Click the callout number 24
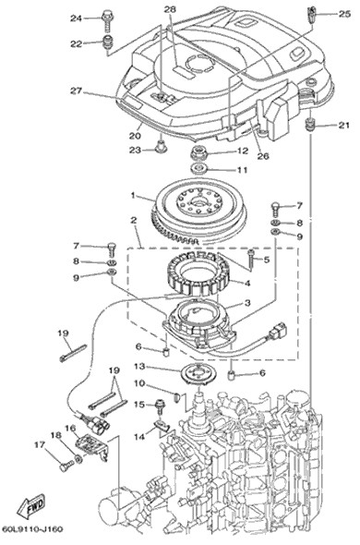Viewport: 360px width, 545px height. [x=76, y=18]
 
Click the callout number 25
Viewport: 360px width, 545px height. [x=344, y=14]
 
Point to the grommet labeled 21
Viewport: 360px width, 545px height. [x=310, y=125]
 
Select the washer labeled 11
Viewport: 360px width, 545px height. [x=199, y=168]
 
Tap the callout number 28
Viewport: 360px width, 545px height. [x=170, y=10]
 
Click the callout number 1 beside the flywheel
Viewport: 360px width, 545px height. [x=132, y=196]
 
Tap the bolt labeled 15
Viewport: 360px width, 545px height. [x=160, y=406]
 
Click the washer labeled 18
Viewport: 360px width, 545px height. [x=78, y=459]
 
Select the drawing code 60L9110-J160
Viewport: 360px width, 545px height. [x=32, y=528]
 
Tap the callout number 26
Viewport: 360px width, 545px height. [x=263, y=155]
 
